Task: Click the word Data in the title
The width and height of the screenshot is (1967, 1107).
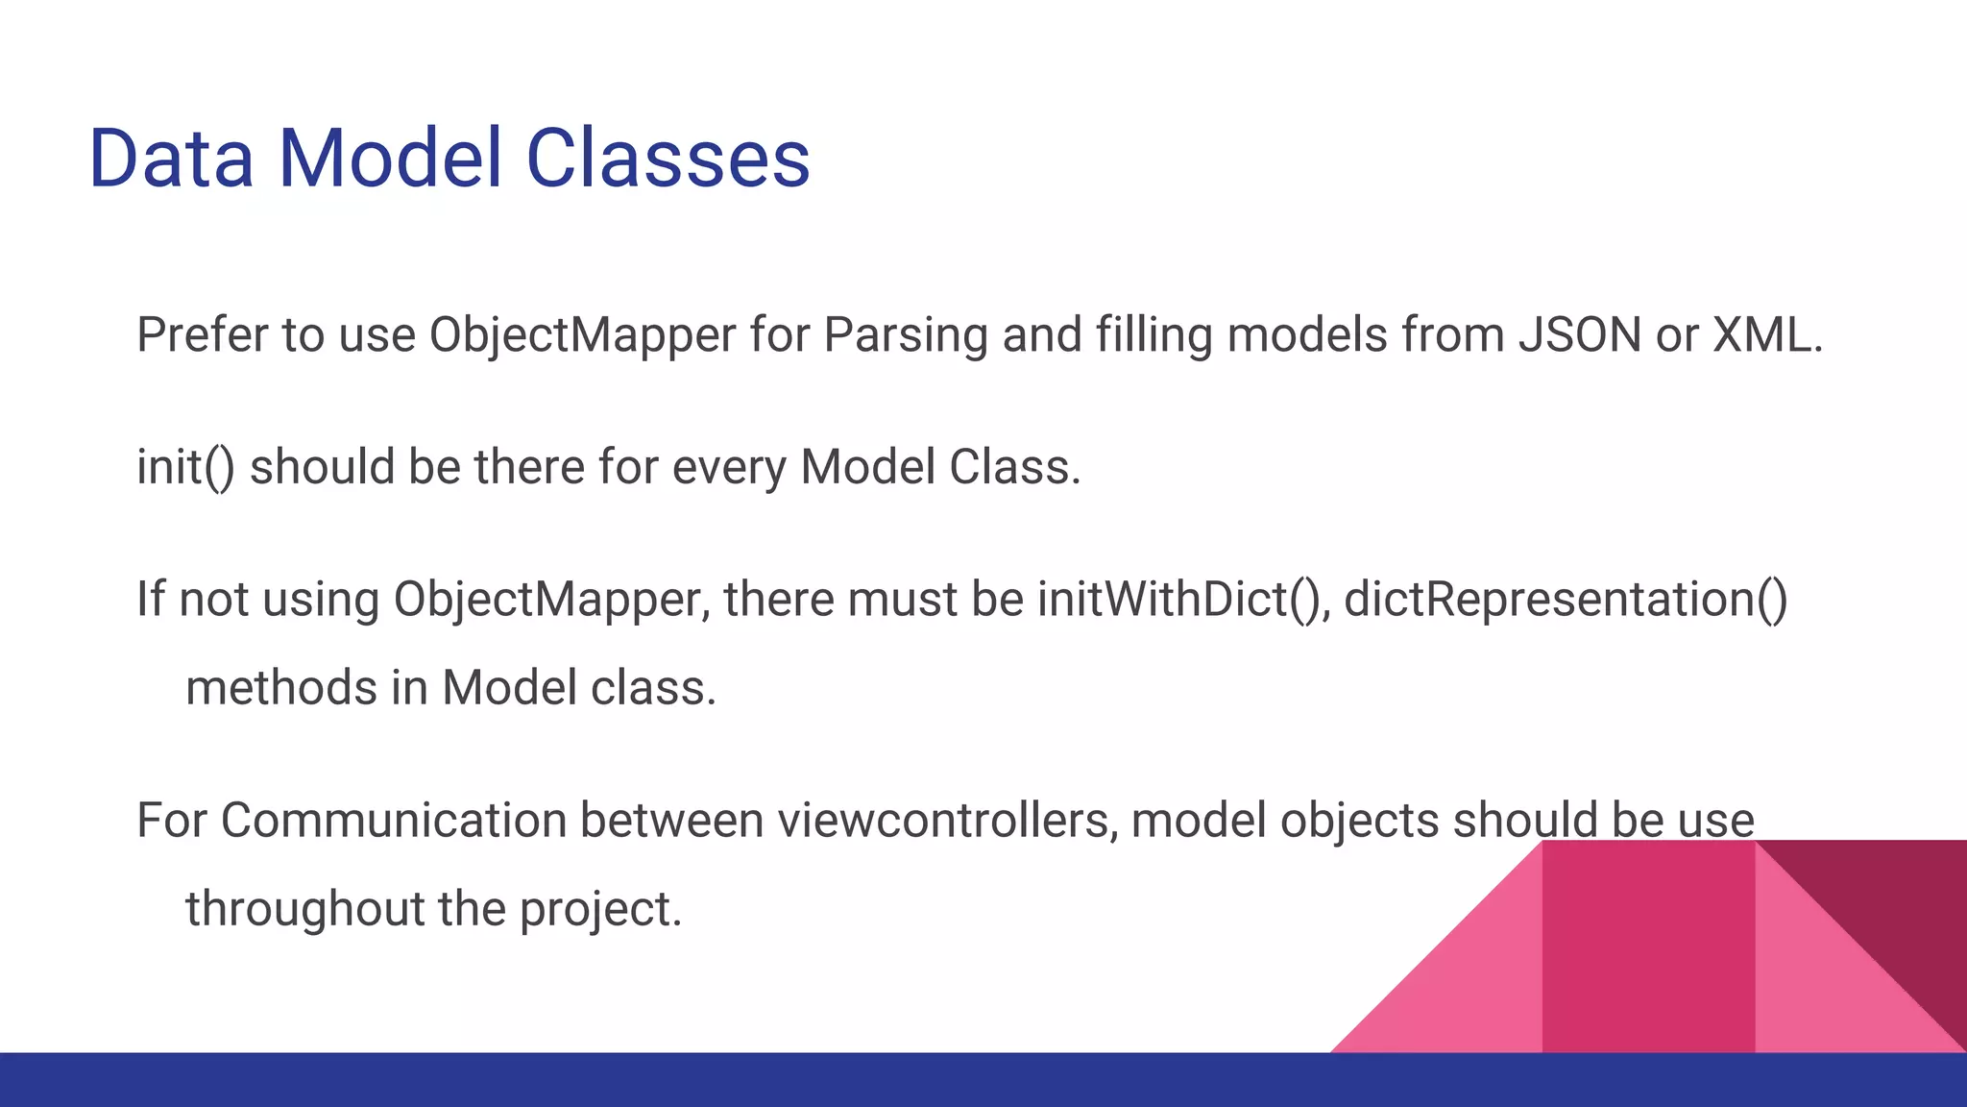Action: click(x=171, y=159)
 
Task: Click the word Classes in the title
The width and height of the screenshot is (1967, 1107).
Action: click(x=668, y=159)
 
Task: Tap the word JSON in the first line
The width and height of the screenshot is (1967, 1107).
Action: click(x=1580, y=335)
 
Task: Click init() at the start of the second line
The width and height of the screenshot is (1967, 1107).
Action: click(x=184, y=468)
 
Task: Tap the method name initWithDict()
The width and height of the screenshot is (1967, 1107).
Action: click(x=1182, y=600)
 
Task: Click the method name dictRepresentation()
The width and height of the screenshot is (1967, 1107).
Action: click(x=1566, y=600)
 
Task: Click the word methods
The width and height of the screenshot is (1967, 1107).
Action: click(x=280, y=688)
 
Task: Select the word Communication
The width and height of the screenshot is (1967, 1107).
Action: click(x=394, y=821)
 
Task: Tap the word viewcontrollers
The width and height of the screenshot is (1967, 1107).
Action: click(x=947, y=821)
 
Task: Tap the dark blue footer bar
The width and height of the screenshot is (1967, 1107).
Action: click(x=672, y=1080)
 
